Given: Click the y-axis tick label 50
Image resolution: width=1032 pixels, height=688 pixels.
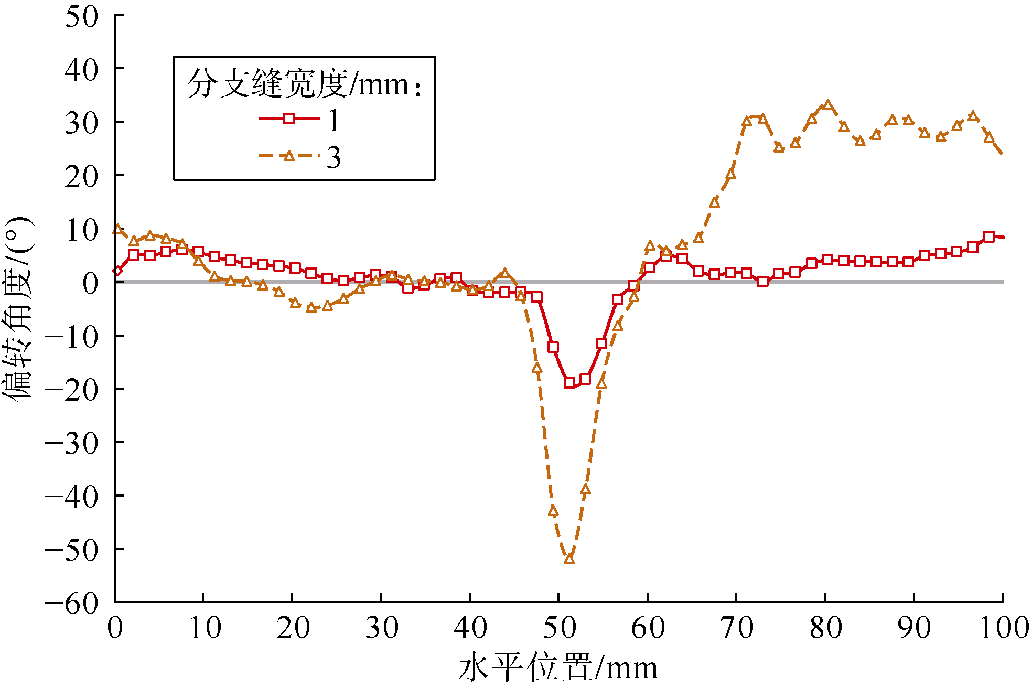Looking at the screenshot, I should (81, 17).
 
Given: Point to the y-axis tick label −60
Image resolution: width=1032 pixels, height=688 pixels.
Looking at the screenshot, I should (72, 603).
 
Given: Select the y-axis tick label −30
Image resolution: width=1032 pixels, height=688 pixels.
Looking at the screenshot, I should (72, 443).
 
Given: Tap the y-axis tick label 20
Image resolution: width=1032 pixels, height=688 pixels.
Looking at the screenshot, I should (81, 177).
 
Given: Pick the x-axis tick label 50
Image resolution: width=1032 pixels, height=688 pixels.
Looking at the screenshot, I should (559, 628).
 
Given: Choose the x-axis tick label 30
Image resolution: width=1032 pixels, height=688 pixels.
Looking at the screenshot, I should (381, 628).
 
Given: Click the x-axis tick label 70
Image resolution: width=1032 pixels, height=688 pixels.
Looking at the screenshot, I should (737, 628).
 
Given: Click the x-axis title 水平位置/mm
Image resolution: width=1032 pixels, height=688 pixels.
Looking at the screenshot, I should (558, 668).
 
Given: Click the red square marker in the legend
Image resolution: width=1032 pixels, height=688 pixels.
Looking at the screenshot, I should (288, 119).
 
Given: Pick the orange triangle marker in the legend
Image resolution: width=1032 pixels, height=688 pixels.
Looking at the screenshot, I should (288, 156).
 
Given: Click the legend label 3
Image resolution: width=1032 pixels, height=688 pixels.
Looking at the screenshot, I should (334, 157).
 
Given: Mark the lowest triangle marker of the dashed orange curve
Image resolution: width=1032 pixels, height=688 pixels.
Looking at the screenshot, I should (569, 559).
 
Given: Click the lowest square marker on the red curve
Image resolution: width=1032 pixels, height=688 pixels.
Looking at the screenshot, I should (569, 383).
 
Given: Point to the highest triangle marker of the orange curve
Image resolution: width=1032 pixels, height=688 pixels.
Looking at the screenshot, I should (827, 105).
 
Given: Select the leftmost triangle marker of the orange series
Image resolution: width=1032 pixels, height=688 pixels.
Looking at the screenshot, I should (117, 230).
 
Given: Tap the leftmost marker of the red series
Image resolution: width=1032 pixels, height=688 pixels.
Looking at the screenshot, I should (117, 271).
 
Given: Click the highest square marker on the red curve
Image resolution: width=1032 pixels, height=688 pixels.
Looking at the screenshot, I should (989, 236).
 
